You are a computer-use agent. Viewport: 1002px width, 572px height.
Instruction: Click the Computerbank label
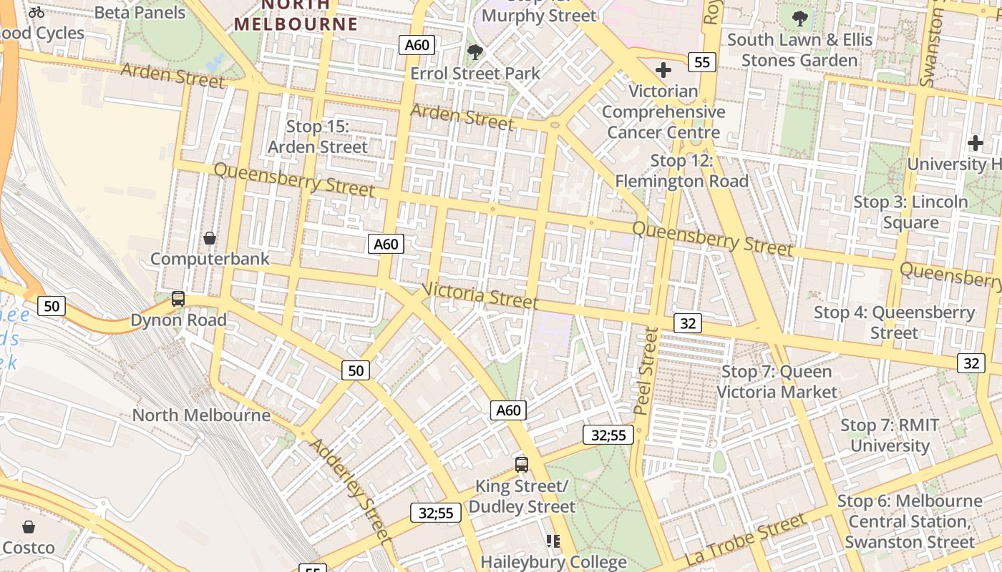pos(210,258)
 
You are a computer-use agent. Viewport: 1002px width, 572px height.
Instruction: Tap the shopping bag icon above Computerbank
pos(210,237)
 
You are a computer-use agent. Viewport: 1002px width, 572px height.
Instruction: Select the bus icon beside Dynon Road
pos(178,299)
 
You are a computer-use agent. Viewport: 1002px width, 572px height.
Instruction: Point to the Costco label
pos(29,548)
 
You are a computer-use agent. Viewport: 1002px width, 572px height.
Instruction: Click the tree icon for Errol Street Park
pos(475,52)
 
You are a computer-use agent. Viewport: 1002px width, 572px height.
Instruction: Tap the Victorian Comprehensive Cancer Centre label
pos(663,112)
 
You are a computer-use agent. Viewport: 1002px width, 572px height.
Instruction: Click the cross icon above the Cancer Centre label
pos(663,70)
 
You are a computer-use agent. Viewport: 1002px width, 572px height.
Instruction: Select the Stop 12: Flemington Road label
pos(681,171)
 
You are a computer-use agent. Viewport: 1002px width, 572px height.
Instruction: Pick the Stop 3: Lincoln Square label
pos(910,212)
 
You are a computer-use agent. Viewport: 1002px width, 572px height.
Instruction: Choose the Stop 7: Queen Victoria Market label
pos(777,382)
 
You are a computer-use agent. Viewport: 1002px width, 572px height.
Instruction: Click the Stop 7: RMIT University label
pos(890,435)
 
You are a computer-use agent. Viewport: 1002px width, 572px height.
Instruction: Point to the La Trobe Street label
pos(745,541)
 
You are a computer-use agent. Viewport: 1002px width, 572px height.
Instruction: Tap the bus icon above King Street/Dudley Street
pos(522,465)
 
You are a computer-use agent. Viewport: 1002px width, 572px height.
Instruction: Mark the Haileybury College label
pos(553,562)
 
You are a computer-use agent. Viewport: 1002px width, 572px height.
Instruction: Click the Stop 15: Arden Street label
pos(317,137)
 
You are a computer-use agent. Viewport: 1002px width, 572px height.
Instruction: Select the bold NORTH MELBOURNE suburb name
pos(296,15)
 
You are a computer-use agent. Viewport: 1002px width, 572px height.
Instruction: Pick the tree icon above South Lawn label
pos(800,19)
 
